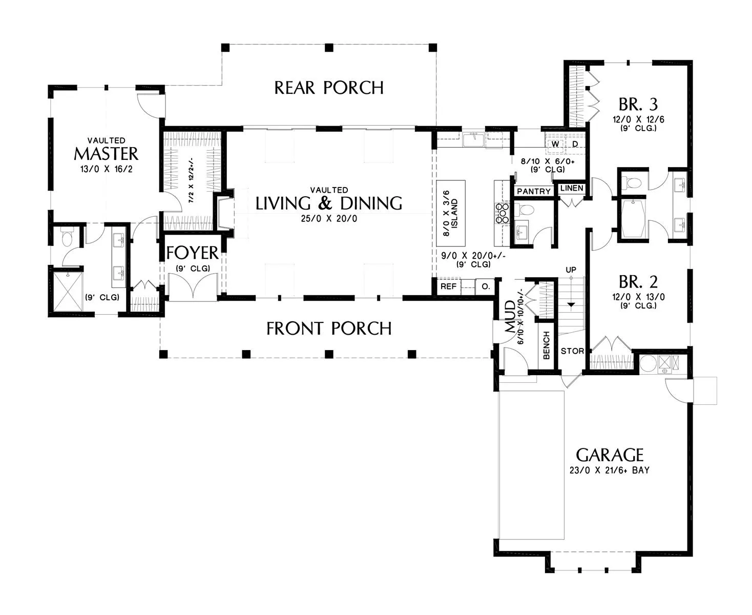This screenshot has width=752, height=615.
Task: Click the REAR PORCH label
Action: tap(328, 88)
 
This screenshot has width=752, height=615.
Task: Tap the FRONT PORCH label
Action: tap(329, 328)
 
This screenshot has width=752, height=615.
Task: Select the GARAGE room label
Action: tap(610, 455)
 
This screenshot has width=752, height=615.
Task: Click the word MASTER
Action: tap(106, 154)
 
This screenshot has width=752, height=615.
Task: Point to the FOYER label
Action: tap(193, 253)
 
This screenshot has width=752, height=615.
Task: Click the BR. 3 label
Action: tap(638, 105)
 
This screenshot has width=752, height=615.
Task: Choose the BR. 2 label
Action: tap(638, 282)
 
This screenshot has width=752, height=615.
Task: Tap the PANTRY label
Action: tap(534, 191)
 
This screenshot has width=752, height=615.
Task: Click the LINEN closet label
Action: tap(572, 188)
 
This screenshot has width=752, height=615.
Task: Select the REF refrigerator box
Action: tap(449, 286)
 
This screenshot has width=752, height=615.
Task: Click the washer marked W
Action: tap(555, 144)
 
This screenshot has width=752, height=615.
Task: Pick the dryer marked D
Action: tap(575, 144)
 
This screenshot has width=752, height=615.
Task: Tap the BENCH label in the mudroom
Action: tap(546, 345)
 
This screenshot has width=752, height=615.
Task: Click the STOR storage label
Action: tap(572, 351)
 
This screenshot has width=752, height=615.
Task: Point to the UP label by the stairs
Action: tap(571, 270)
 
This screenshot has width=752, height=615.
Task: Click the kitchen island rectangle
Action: tap(451, 213)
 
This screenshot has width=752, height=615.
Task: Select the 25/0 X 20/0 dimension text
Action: tap(329, 218)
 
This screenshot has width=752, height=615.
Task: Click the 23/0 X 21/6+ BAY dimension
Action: tap(610, 470)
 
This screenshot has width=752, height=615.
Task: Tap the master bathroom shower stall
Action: tap(68, 291)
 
